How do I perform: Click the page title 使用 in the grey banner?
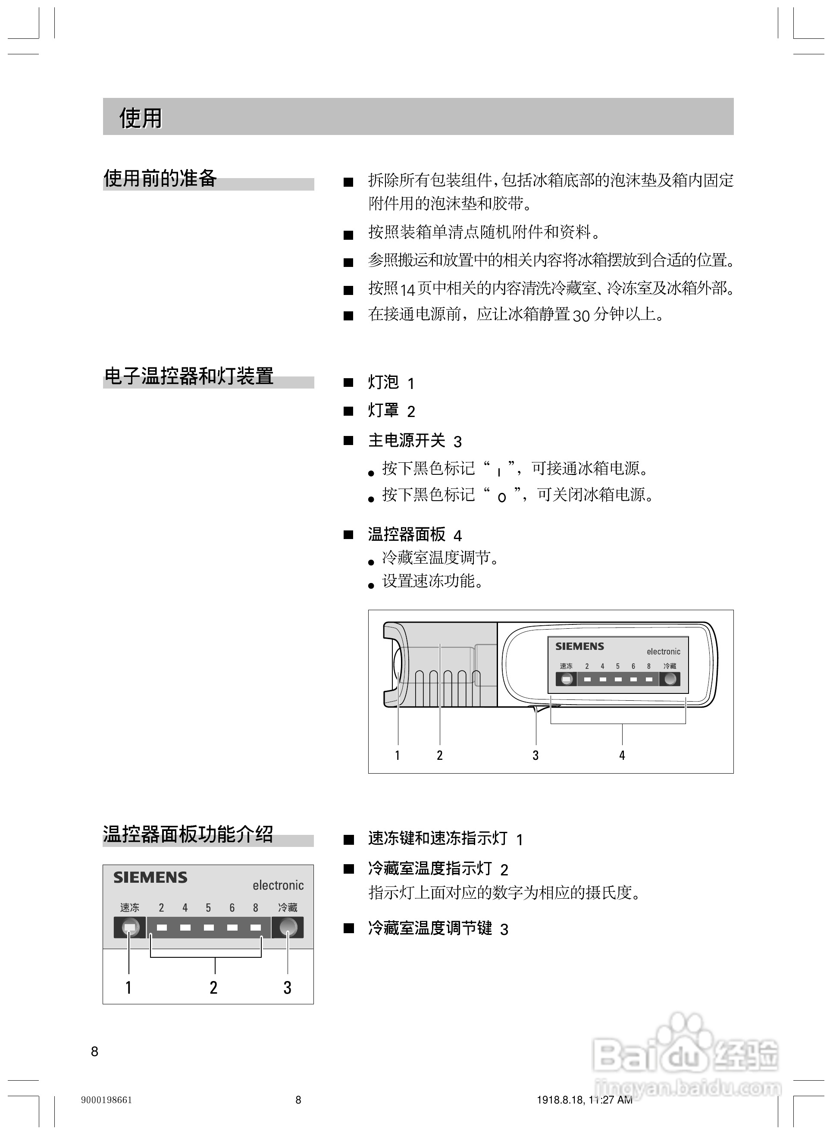(x=140, y=119)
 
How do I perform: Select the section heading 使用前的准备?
(x=160, y=179)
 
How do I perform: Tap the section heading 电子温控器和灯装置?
(x=188, y=376)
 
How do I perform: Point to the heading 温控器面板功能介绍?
(x=188, y=834)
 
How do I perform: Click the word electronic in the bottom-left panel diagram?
(x=278, y=885)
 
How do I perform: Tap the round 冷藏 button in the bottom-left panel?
(x=288, y=927)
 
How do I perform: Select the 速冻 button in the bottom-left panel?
(x=130, y=927)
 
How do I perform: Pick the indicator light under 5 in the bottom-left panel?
(x=209, y=927)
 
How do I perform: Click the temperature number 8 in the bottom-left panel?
(x=256, y=908)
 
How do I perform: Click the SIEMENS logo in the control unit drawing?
(x=579, y=646)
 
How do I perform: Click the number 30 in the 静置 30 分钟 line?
(x=581, y=316)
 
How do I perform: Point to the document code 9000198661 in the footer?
(x=106, y=1100)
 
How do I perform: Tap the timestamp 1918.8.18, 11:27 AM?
(x=584, y=1100)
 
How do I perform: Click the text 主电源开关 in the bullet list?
(x=407, y=441)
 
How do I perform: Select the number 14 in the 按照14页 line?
(x=407, y=290)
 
